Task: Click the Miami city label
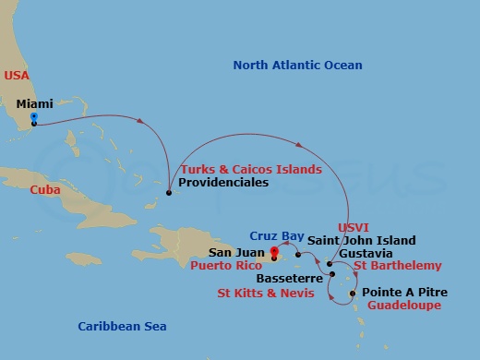(34, 104)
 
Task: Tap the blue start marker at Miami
(33, 117)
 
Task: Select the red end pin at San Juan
(273, 251)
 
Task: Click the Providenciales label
(224, 183)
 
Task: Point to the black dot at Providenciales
(168, 193)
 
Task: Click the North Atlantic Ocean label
(297, 66)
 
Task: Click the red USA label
(16, 74)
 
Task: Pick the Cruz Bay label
(276, 236)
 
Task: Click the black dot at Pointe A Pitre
(354, 295)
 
